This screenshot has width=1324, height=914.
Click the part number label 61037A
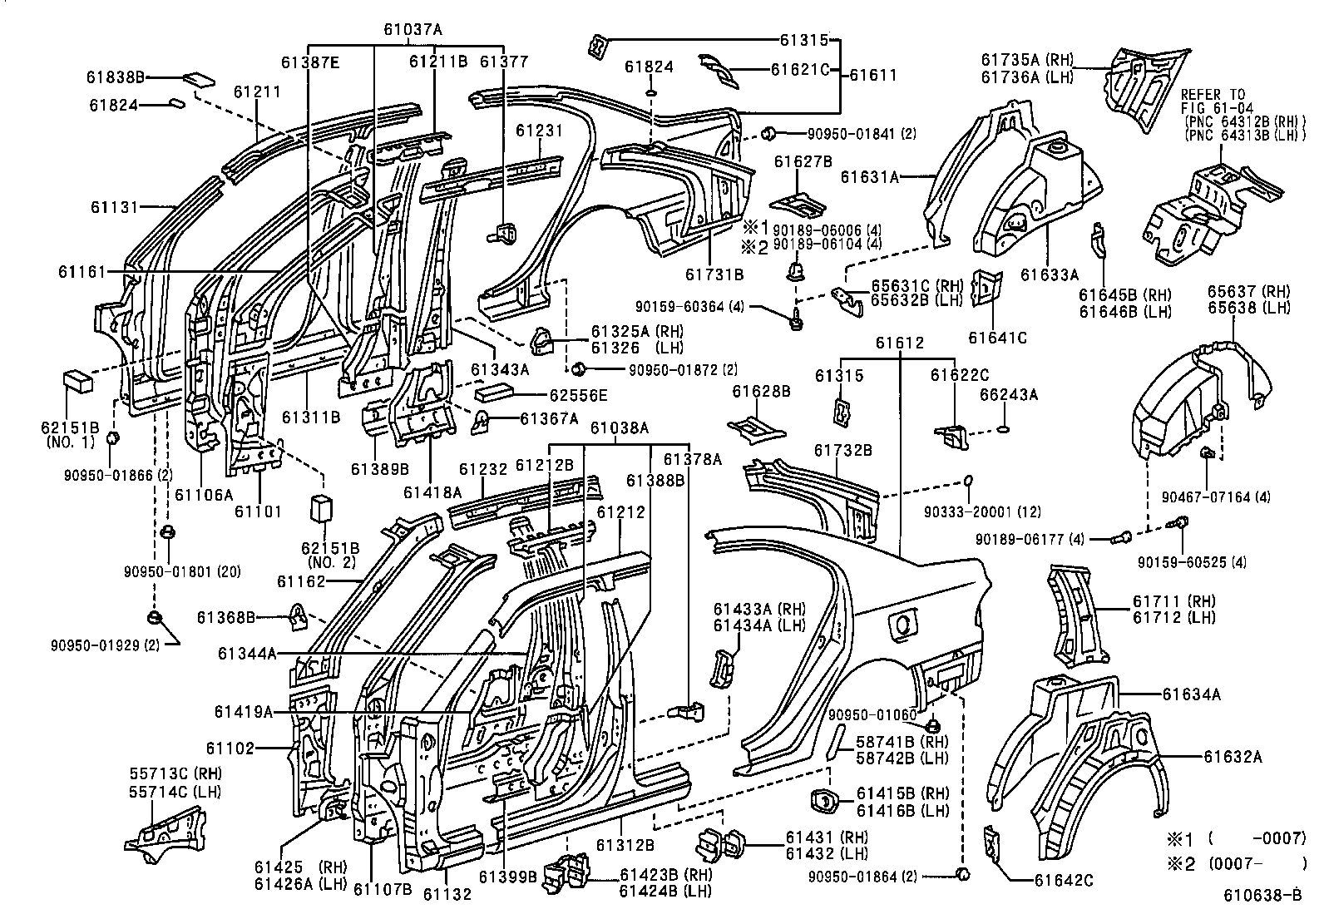pos(413,29)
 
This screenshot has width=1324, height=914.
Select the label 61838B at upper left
pos(116,77)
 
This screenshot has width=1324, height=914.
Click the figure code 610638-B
pos(1262,897)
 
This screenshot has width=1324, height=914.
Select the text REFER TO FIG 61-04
pos(1213,101)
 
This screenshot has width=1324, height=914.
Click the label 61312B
pos(625,845)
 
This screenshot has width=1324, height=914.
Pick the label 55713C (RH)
pos(175,774)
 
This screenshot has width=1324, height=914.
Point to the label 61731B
pos(714,274)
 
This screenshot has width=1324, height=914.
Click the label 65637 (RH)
pos(1247,292)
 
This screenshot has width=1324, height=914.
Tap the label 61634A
pos(1192,694)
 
